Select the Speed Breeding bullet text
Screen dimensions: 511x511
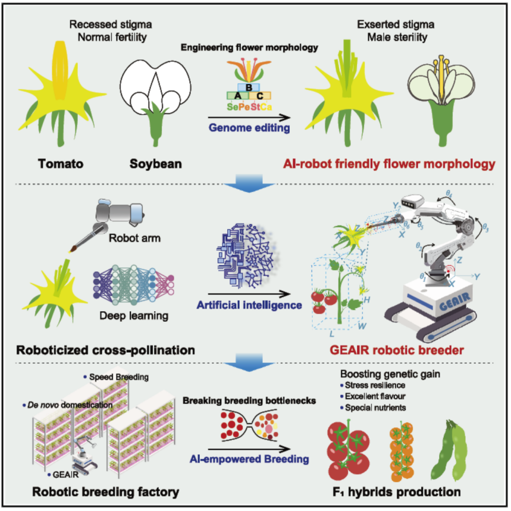(x=118, y=377)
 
